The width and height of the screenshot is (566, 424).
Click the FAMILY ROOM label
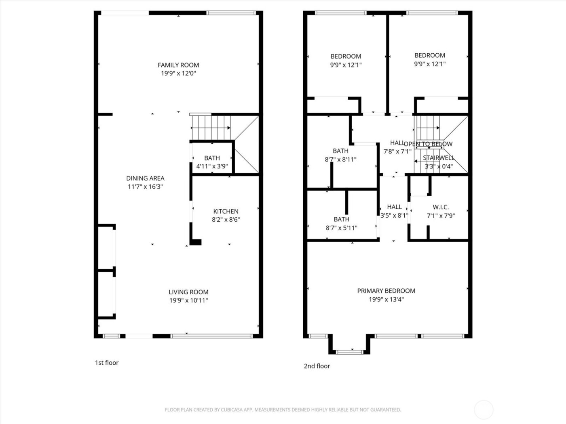point(178,65)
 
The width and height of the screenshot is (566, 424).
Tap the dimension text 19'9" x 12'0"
point(178,73)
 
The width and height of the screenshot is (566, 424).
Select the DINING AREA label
point(145,178)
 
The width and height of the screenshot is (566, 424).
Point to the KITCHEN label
point(226,211)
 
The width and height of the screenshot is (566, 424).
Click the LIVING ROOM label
point(188,292)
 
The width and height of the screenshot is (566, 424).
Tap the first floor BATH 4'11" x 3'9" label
point(212,162)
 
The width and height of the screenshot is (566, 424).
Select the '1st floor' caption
point(107,363)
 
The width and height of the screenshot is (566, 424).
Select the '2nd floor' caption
point(317,366)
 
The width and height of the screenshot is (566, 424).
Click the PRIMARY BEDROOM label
point(386,291)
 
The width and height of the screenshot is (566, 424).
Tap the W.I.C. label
point(441,207)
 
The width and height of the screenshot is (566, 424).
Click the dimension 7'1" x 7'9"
point(441,216)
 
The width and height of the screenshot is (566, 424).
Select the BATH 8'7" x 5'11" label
point(341,223)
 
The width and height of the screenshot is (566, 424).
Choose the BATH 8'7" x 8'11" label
point(340,155)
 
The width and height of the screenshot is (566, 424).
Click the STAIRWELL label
point(439,158)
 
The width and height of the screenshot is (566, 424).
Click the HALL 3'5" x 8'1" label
point(394,211)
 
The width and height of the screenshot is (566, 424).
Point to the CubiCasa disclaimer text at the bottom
point(283,410)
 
